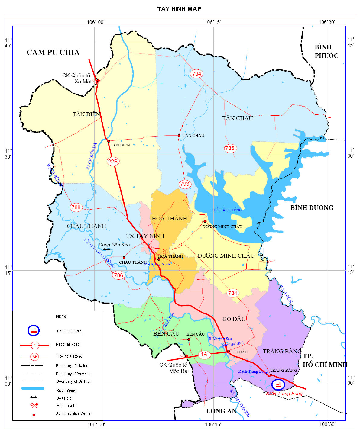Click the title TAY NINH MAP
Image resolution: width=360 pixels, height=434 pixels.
pos(179,9)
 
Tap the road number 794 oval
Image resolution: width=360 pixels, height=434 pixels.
pos(196,74)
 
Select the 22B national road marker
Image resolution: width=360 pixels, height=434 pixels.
pos(113,162)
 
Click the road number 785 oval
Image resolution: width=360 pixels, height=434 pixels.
pos(230,148)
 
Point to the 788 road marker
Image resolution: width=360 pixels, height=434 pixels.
pos(76,207)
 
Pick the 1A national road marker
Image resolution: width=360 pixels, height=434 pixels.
pos(204,354)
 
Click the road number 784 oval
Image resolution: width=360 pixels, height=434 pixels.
pos(232,293)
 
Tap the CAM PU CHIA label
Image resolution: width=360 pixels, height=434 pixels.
pos(53,53)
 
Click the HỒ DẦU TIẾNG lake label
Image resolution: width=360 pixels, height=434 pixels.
pos(227,210)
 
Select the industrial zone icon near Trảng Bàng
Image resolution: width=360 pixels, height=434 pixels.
pos(278,384)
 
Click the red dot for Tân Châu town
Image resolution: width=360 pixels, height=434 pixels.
pos(179,136)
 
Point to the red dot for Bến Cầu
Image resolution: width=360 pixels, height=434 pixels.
pos(189,339)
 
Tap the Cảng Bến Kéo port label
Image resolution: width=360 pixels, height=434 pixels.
pos(114,245)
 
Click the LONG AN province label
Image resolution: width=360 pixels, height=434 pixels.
pos(221,411)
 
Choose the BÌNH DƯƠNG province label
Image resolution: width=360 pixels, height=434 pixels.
pos(312,208)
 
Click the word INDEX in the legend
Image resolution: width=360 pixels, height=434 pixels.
pos(61,317)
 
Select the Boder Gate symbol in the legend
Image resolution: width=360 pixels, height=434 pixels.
pos(34,405)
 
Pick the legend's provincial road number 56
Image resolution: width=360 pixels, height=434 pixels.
pos(35,357)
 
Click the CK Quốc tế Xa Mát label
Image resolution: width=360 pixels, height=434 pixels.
pos(76,79)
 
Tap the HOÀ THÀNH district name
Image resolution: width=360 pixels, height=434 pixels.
pos(169,219)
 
